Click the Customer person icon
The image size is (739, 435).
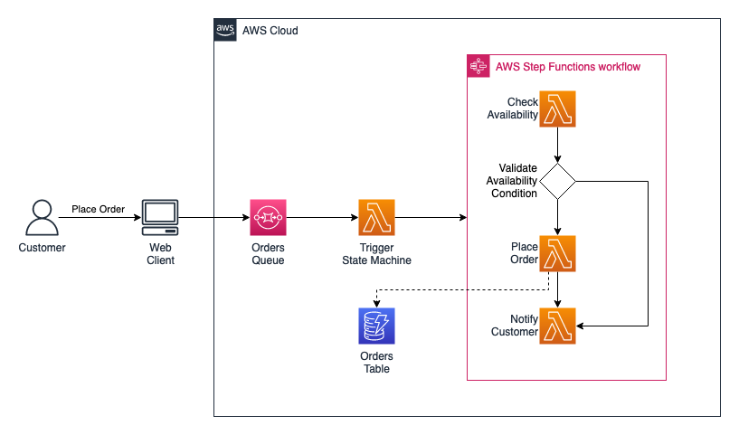[42, 217]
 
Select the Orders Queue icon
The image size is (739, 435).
[268, 217]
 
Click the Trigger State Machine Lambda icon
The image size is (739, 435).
[376, 217]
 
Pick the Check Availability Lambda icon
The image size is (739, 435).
[558, 109]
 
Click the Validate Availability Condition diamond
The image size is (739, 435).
[558, 181]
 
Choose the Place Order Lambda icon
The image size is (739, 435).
[558, 253]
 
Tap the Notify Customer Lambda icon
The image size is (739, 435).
[558, 326]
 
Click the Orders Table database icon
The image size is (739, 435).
[376, 326]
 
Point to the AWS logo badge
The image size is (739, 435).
[225, 30]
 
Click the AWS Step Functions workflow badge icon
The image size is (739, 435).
[478, 66]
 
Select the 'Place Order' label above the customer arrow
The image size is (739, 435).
[99, 209]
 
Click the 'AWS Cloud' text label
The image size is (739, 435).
[270, 31]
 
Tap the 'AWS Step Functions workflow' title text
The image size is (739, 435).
[567, 67]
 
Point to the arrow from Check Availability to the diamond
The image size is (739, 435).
[558, 144]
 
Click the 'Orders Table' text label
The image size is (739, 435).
[376, 362]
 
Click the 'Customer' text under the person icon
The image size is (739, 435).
[42, 247]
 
